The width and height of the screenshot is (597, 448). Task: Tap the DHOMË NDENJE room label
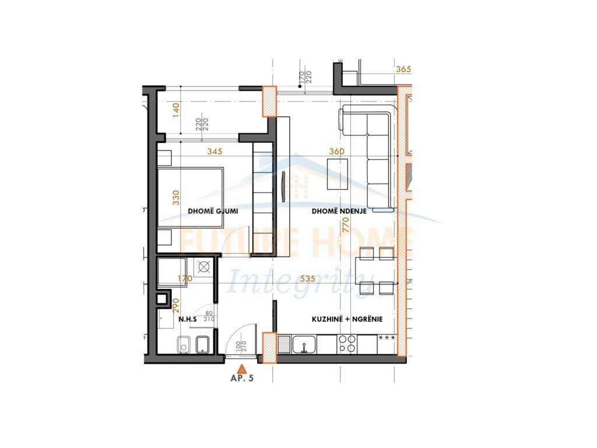(x=339, y=211)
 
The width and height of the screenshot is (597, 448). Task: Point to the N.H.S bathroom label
(x=187, y=320)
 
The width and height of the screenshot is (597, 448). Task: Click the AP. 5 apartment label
(x=242, y=378)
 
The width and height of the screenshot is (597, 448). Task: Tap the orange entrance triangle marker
(x=243, y=368)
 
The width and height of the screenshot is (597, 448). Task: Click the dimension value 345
(x=215, y=152)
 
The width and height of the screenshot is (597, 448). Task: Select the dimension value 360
(x=337, y=152)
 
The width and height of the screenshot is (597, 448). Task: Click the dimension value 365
(x=403, y=69)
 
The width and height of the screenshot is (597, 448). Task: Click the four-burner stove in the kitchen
(x=348, y=344)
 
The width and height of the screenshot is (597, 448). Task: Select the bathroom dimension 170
(x=185, y=279)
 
